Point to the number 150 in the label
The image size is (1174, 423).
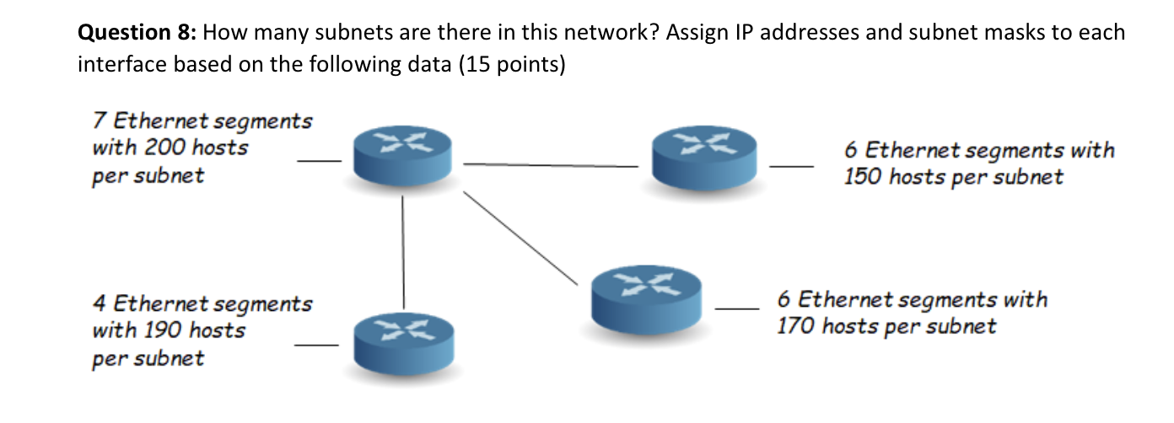[x=863, y=178]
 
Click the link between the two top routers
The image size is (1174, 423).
[x=552, y=165]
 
